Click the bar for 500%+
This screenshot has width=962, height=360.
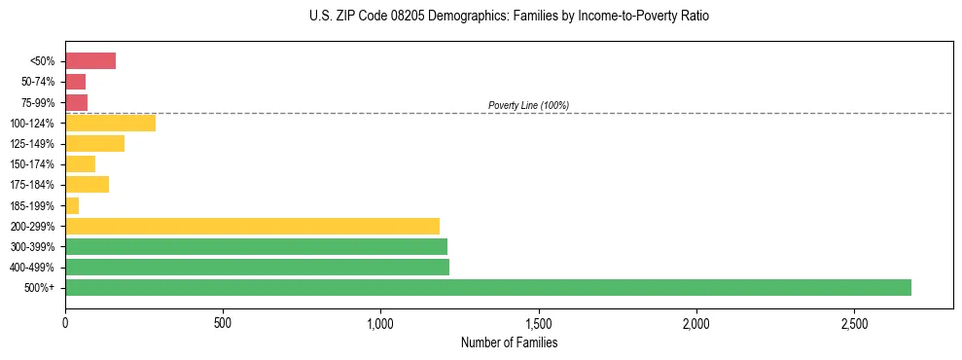[487, 287]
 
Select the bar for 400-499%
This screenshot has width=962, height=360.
[257, 267]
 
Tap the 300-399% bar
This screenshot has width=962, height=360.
[256, 246]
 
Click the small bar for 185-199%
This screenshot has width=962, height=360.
[72, 205]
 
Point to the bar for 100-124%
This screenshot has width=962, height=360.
[110, 123]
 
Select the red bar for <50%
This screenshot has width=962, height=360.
[90, 61]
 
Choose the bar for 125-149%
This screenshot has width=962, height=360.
[94, 143]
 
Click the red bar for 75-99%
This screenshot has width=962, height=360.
[76, 102]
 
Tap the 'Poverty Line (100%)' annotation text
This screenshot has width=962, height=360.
[528, 105]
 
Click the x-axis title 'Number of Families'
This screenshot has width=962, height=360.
[509, 343]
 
